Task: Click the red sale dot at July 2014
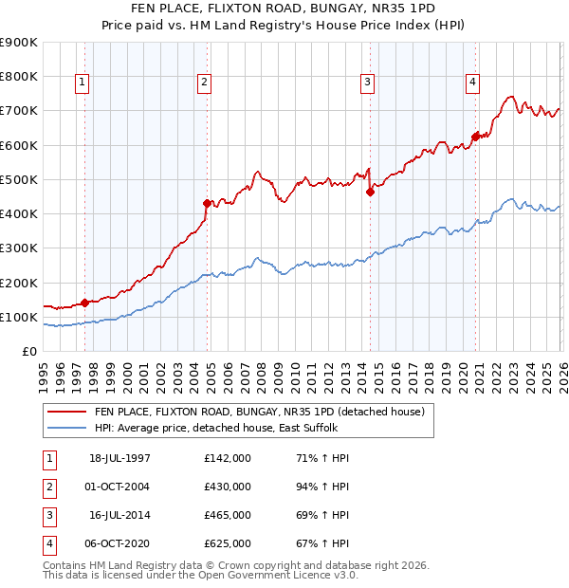coord(371,192)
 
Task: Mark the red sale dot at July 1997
coord(85,303)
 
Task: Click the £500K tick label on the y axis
coord(19,179)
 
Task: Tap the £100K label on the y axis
coord(19,317)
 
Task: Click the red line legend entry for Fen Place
coord(265,413)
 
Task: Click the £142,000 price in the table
coord(228,457)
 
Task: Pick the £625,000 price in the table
coord(228,544)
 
